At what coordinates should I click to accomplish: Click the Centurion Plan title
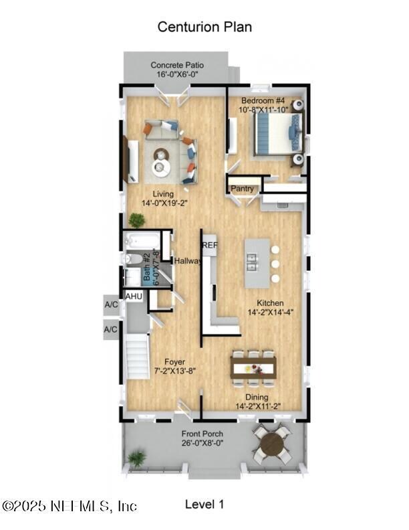[x=204, y=27]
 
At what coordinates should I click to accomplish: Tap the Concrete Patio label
[x=177, y=65]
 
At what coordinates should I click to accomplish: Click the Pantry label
[x=243, y=189]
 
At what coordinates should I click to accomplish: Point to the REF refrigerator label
[x=210, y=245]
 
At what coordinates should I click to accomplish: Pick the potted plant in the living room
[x=137, y=219]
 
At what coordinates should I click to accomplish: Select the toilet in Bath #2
[x=133, y=258]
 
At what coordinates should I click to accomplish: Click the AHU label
[x=134, y=296]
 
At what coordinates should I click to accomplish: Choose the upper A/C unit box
[x=111, y=304]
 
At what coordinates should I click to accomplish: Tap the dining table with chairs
[x=253, y=367]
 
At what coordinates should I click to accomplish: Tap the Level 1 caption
[x=204, y=504]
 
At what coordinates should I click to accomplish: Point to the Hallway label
[x=187, y=261]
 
